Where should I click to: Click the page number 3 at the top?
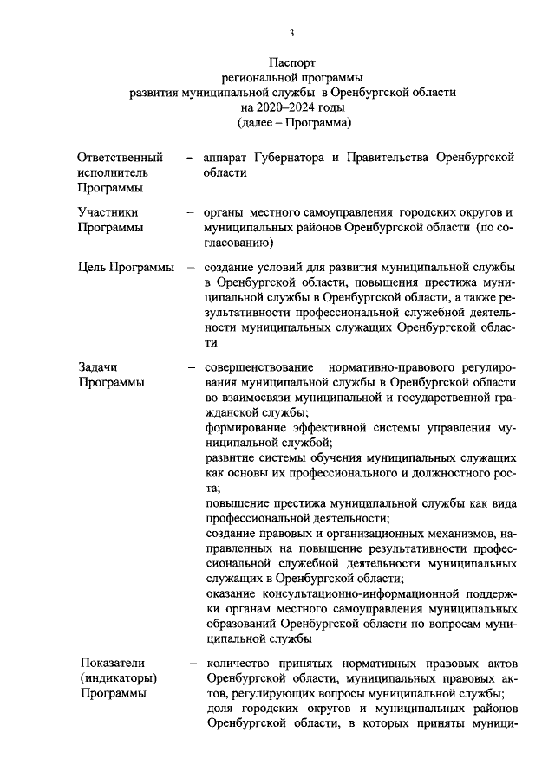click(x=291, y=33)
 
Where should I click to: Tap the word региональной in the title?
click(x=256, y=78)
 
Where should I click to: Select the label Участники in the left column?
click(x=108, y=211)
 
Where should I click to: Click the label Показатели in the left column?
click(x=115, y=663)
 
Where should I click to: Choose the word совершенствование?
click(x=262, y=366)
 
